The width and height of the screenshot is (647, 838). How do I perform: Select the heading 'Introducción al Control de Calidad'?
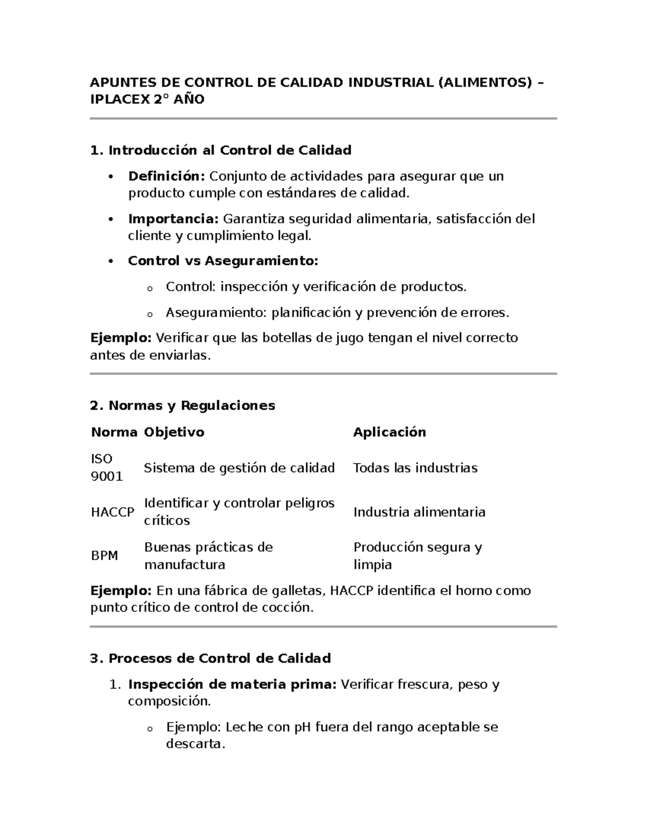point(230,151)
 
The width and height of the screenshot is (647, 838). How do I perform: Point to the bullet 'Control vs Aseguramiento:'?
point(223,261)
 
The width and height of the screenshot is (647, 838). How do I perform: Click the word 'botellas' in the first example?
point(287,338)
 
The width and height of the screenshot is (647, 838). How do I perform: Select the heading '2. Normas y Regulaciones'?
point(182,406)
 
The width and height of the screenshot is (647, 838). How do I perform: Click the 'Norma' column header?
point(114,432)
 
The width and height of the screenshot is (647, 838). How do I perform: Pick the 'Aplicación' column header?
point(389,432)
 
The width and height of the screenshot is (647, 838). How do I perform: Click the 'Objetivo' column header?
point(174,432)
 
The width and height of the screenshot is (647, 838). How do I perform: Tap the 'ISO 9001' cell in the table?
point(107,468)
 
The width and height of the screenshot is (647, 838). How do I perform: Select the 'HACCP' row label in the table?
point(112,512)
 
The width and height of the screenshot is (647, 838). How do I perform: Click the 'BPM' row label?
point(104,556)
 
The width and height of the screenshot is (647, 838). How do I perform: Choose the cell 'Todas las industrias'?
point(415,468)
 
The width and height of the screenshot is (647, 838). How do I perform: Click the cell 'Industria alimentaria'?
point(419,512)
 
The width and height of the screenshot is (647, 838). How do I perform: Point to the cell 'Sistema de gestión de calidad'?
point(239,468)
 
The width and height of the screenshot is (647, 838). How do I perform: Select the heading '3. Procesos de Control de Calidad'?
point(210,659)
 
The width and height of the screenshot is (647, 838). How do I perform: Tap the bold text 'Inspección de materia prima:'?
point(232,685)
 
